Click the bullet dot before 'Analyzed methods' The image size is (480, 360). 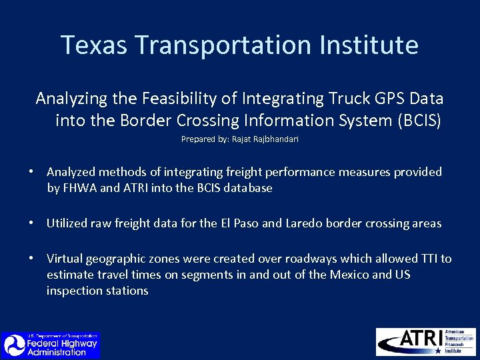pyautogui.click(x=31, y=172)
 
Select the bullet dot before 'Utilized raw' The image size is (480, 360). pyautogui.click(x=31, y=223)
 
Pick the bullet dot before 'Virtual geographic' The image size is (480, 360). pyautogui.click(x=31, y=259)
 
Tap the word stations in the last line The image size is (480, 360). pyautogui.click(x=127, y=291)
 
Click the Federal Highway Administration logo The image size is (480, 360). pyautogui.click(x=51, y=345)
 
